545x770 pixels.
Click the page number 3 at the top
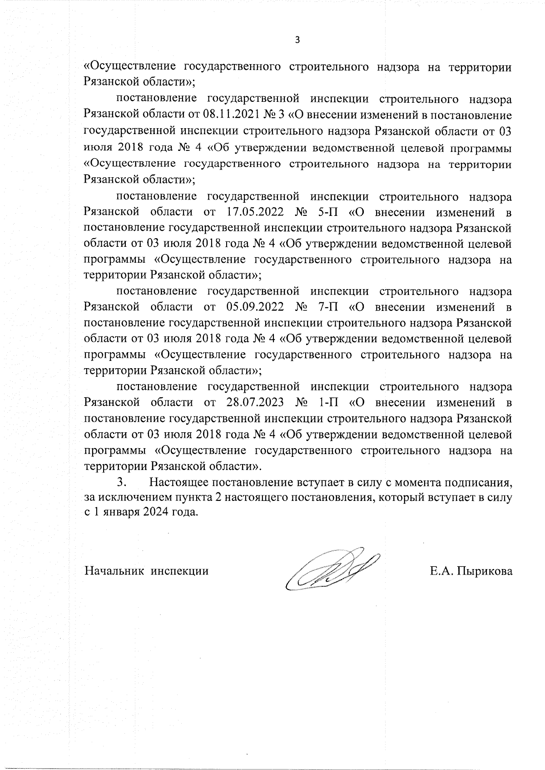pos(297,40)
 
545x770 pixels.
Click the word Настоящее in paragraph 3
pos(179,481)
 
